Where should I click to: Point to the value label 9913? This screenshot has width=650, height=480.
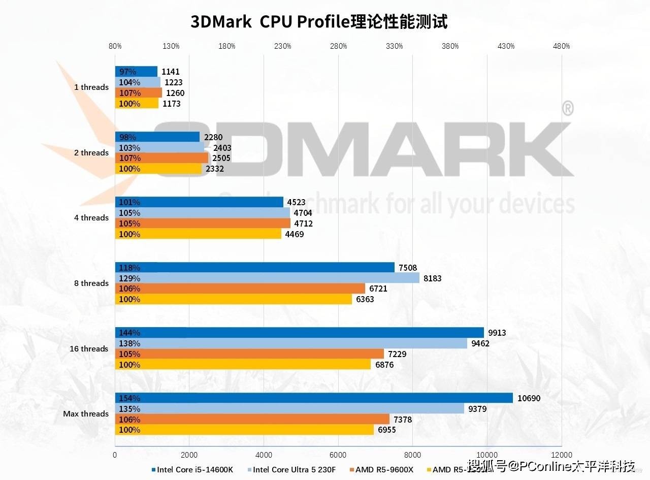497,333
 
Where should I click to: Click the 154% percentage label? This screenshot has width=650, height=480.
129,398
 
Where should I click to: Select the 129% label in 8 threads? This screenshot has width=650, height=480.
129,278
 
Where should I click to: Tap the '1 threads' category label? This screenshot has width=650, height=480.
91,87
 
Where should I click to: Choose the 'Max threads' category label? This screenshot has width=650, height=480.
86,414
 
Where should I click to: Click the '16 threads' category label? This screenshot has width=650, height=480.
89,349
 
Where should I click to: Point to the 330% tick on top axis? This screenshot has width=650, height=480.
394,46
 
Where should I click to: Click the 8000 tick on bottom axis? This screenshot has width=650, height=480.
412,455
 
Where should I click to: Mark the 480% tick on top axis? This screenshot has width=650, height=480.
561,46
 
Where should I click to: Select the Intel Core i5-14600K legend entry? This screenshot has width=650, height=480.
192,469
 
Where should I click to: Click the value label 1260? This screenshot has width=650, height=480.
175,93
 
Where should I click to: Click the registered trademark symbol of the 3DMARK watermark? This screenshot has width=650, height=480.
568,108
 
